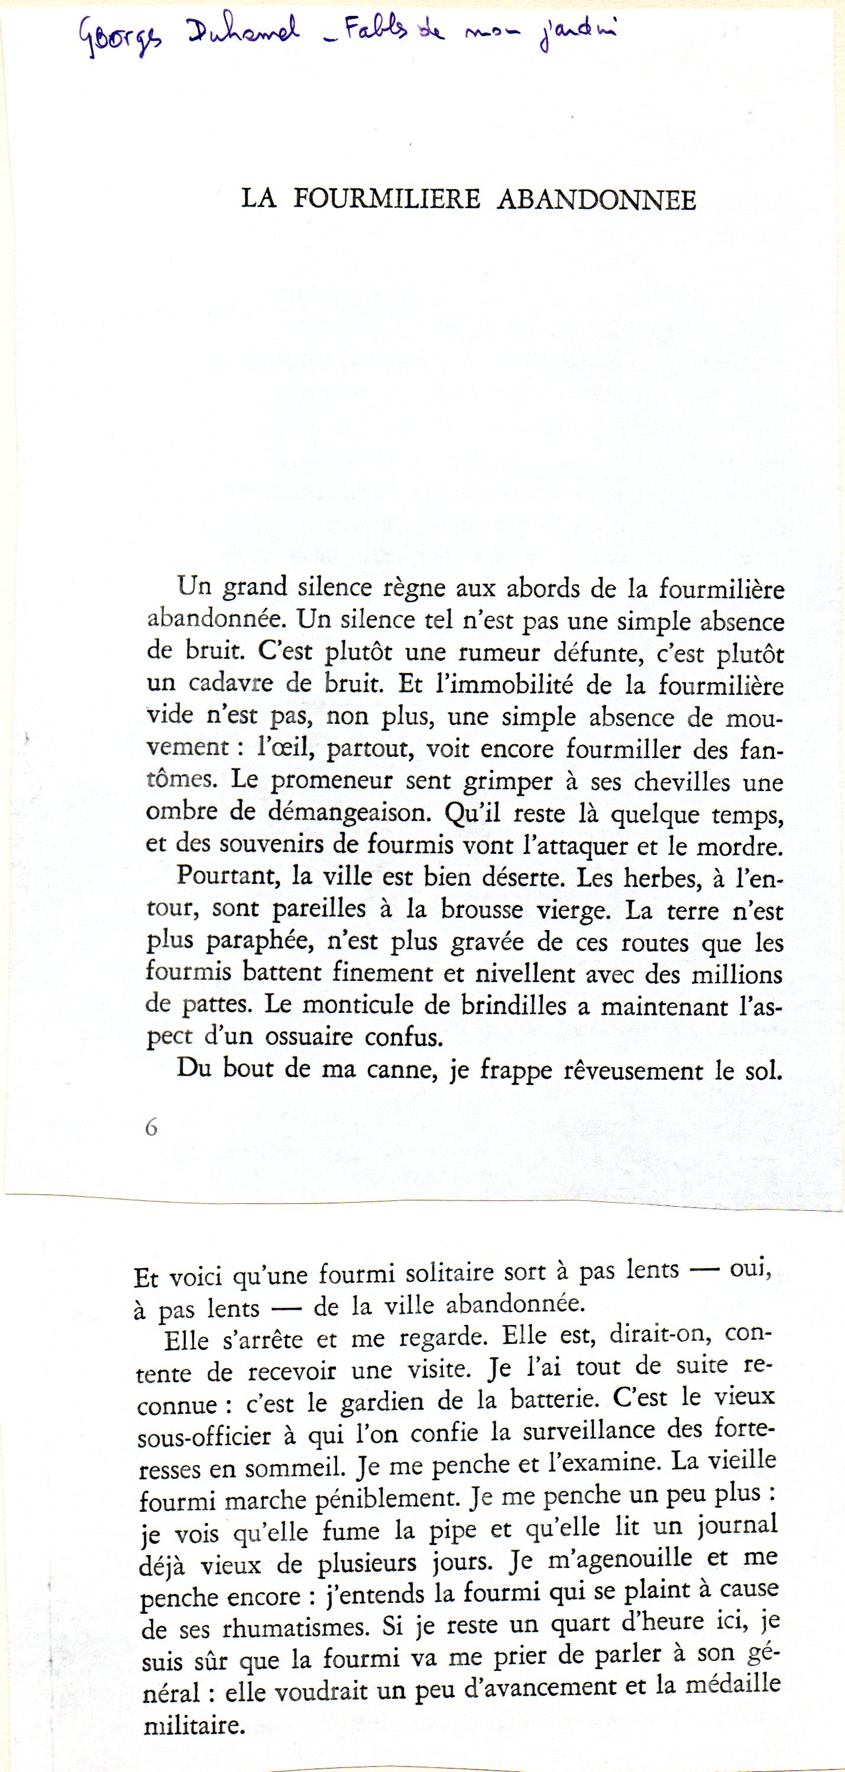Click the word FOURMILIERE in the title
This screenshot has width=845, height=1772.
[x=387, y=199]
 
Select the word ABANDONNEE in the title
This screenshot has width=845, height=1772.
[x=596, y=199]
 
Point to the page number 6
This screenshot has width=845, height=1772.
[x=151, y=1128]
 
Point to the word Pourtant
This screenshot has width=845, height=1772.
[x=226, y=876]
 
